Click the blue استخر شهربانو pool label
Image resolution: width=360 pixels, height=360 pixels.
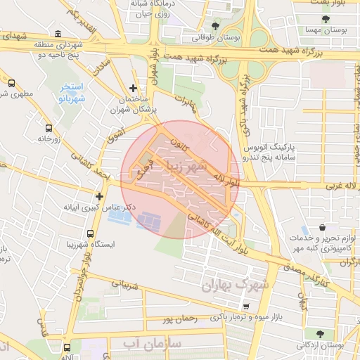tap(70, 91)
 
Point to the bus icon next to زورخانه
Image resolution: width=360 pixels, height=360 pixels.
tap(49, 128)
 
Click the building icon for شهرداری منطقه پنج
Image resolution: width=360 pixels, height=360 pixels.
tap(57, 34)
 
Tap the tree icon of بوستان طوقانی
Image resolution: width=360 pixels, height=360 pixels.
tap(215, 25)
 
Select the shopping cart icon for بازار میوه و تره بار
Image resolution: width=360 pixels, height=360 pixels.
tap(245, 307)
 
